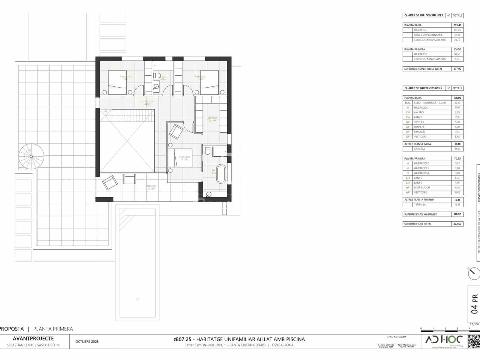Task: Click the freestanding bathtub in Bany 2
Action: (221, 174)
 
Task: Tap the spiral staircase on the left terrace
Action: (31, 156)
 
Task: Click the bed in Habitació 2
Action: (180, 158)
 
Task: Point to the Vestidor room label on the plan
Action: (212, 118)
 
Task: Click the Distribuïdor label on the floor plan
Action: (147, 102)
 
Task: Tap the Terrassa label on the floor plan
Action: (151, 186)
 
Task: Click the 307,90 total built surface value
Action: (457, 69)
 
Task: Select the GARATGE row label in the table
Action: (419, 149)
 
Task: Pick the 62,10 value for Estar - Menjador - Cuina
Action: (457, 103)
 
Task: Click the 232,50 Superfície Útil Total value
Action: (457, 224)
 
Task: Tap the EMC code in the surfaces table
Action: (407, 103)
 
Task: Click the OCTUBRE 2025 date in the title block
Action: (87, 342)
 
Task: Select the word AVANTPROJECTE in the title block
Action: (33, 339)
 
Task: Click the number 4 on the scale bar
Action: (469, 328)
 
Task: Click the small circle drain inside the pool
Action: (137, 299)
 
